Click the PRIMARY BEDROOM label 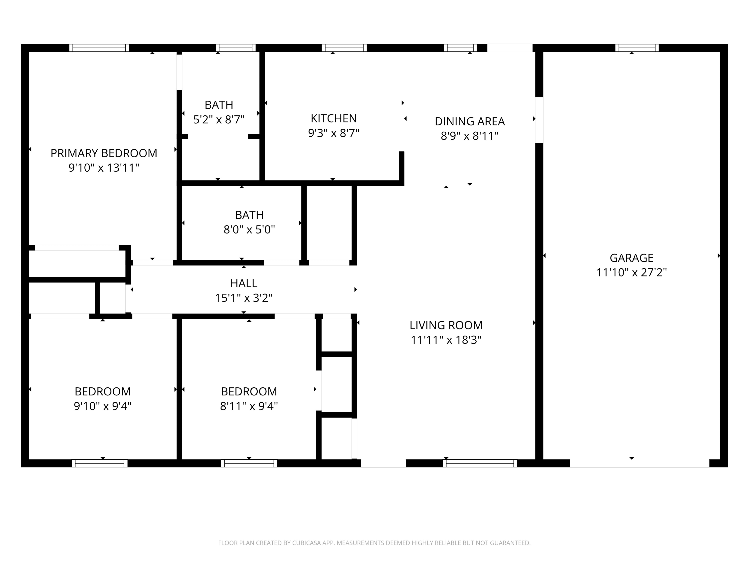104,153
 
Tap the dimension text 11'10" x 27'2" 631,272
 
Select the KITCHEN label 334,119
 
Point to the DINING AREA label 469,121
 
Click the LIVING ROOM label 446,325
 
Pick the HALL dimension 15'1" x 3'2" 243,298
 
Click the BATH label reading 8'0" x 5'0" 249,215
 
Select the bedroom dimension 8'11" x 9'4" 249,406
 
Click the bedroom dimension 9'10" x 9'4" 103,406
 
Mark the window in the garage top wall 637,48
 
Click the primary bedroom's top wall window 99,48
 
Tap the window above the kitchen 344,48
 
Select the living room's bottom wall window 480,463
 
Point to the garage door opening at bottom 639,463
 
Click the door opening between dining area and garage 539,120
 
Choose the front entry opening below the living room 383,463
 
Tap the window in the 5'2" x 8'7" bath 236,48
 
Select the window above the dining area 460,48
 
